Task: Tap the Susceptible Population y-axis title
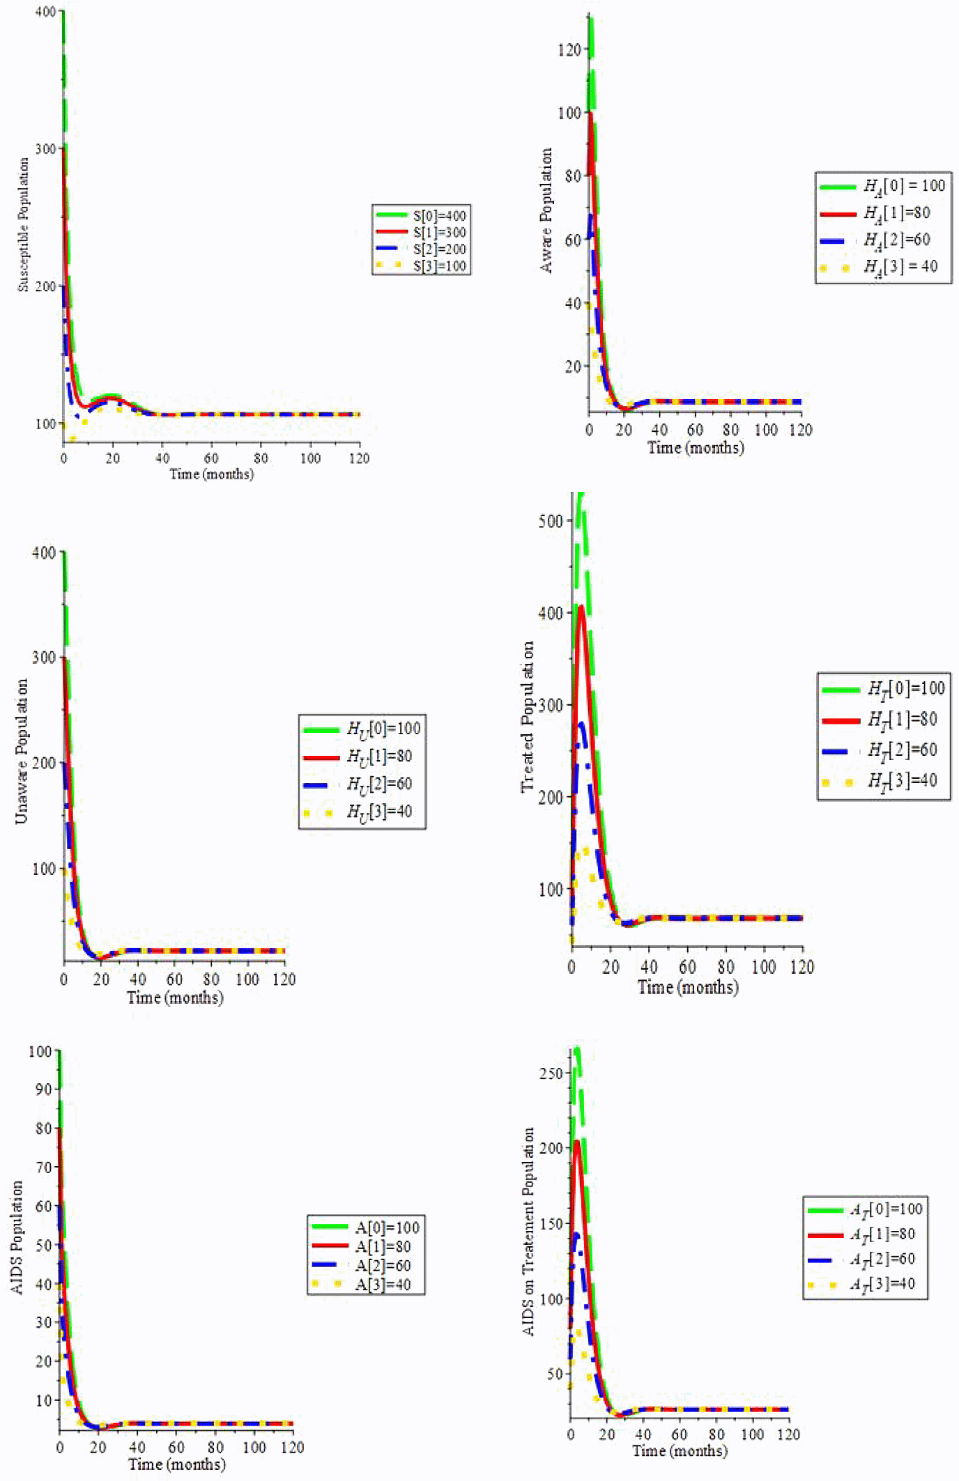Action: (x=24, y=224)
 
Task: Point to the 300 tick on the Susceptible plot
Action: (x=45, y=149)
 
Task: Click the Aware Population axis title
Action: (x=546, y=210)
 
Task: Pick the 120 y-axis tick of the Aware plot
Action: (x=569, y=50)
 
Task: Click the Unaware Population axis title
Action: (x=22, y=751)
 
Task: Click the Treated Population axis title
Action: (x=528, y=716)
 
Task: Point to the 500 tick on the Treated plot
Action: (x=551, y=521)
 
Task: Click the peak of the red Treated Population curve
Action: (x=581, y=607)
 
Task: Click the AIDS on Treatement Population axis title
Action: (x=528, y=1231)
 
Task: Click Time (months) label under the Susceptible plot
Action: (x=211, y=474)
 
